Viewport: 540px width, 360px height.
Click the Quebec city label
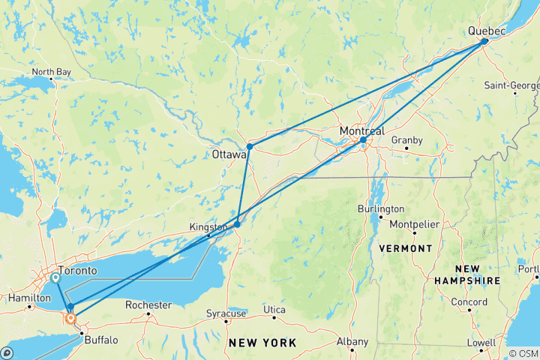[486, 30]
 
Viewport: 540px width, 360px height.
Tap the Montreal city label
[361, 130]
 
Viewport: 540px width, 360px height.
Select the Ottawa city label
[229, 155]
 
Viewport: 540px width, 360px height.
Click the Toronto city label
[79, 270]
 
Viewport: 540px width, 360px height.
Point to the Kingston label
[208, 226]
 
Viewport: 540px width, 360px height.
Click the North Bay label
[52, 72]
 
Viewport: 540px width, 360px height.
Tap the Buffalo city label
[100, 340]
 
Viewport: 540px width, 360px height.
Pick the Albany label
[352, 342]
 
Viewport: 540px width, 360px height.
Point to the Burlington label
[381, 208]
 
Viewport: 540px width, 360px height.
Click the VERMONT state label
[406, 248]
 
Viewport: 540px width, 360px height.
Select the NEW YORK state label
[262, 343]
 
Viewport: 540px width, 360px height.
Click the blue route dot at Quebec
[484, 42]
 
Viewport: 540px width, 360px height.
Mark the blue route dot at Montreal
[363, 140]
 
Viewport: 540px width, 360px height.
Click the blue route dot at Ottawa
[249, 146]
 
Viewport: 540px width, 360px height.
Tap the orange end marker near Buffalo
[70, 318]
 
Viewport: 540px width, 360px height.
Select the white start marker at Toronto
[56, 278]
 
